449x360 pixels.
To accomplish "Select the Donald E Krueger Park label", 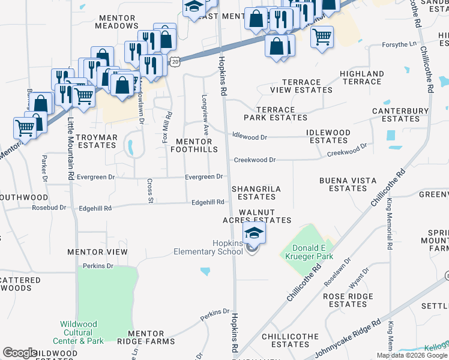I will click(x=312, y=253).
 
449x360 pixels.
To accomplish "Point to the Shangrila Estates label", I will click(x=256, y=192).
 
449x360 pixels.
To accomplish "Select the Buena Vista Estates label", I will click(x=348, y=184).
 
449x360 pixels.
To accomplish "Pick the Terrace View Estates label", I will click(x=301, y=86).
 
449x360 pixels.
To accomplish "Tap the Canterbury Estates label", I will click(x=400, y=115).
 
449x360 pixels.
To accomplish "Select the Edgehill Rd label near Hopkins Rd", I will click(x=208, y=203).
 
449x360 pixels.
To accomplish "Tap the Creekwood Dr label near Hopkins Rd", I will click(x=255, y=160).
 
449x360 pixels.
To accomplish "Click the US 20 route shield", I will click(x=174, y=61).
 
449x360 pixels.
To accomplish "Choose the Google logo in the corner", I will click(x=20, y=353).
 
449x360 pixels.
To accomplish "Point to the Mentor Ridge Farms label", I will click(x=146, y=337).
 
